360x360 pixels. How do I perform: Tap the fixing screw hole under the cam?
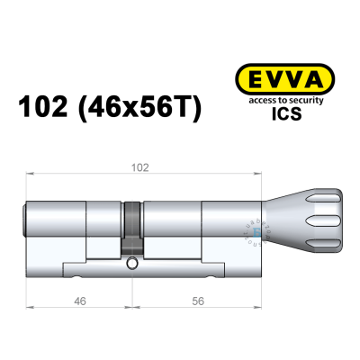click(x=133, y=265)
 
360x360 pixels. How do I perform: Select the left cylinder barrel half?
click(x=76, y=229)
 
